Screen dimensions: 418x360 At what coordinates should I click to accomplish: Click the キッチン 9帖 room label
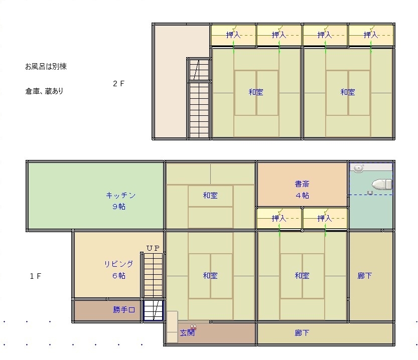tap(120, 201)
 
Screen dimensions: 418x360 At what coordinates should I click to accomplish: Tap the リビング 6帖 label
tap(118, 270)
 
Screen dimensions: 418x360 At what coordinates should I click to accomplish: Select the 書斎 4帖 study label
tap(302, 190)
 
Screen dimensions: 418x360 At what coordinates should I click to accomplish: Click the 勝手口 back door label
tap(124, 310)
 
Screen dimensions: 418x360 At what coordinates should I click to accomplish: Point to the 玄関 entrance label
tap(187, 332)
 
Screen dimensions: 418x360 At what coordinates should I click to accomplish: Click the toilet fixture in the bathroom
tap(382, 184)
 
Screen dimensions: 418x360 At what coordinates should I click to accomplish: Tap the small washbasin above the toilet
tap(359, 168)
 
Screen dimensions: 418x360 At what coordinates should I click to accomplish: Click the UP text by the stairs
tap(153, 248)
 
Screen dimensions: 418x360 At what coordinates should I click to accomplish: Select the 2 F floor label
tap(118, 84)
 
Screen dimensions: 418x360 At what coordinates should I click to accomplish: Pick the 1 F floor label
tap(36, 276)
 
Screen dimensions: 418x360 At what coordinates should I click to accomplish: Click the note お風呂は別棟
tap(46, 66)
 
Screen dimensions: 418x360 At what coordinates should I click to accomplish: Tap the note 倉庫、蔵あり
tap(45, 91)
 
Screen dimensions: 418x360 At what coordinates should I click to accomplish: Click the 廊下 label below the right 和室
tap(302, 332)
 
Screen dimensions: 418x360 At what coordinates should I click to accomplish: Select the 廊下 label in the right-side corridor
tap(364, 276)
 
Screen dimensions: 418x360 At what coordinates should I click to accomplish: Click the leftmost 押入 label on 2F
tap(233, 35)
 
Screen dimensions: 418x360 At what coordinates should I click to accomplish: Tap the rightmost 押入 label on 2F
tap(371, 35)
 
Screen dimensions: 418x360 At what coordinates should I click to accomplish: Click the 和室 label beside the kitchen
tap(210, 196)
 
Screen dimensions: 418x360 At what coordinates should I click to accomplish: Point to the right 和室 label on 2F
tap(348, 92)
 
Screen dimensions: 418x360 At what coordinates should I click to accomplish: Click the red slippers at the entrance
tap(193, 327)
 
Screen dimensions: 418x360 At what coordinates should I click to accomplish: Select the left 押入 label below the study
tap(279, 219)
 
